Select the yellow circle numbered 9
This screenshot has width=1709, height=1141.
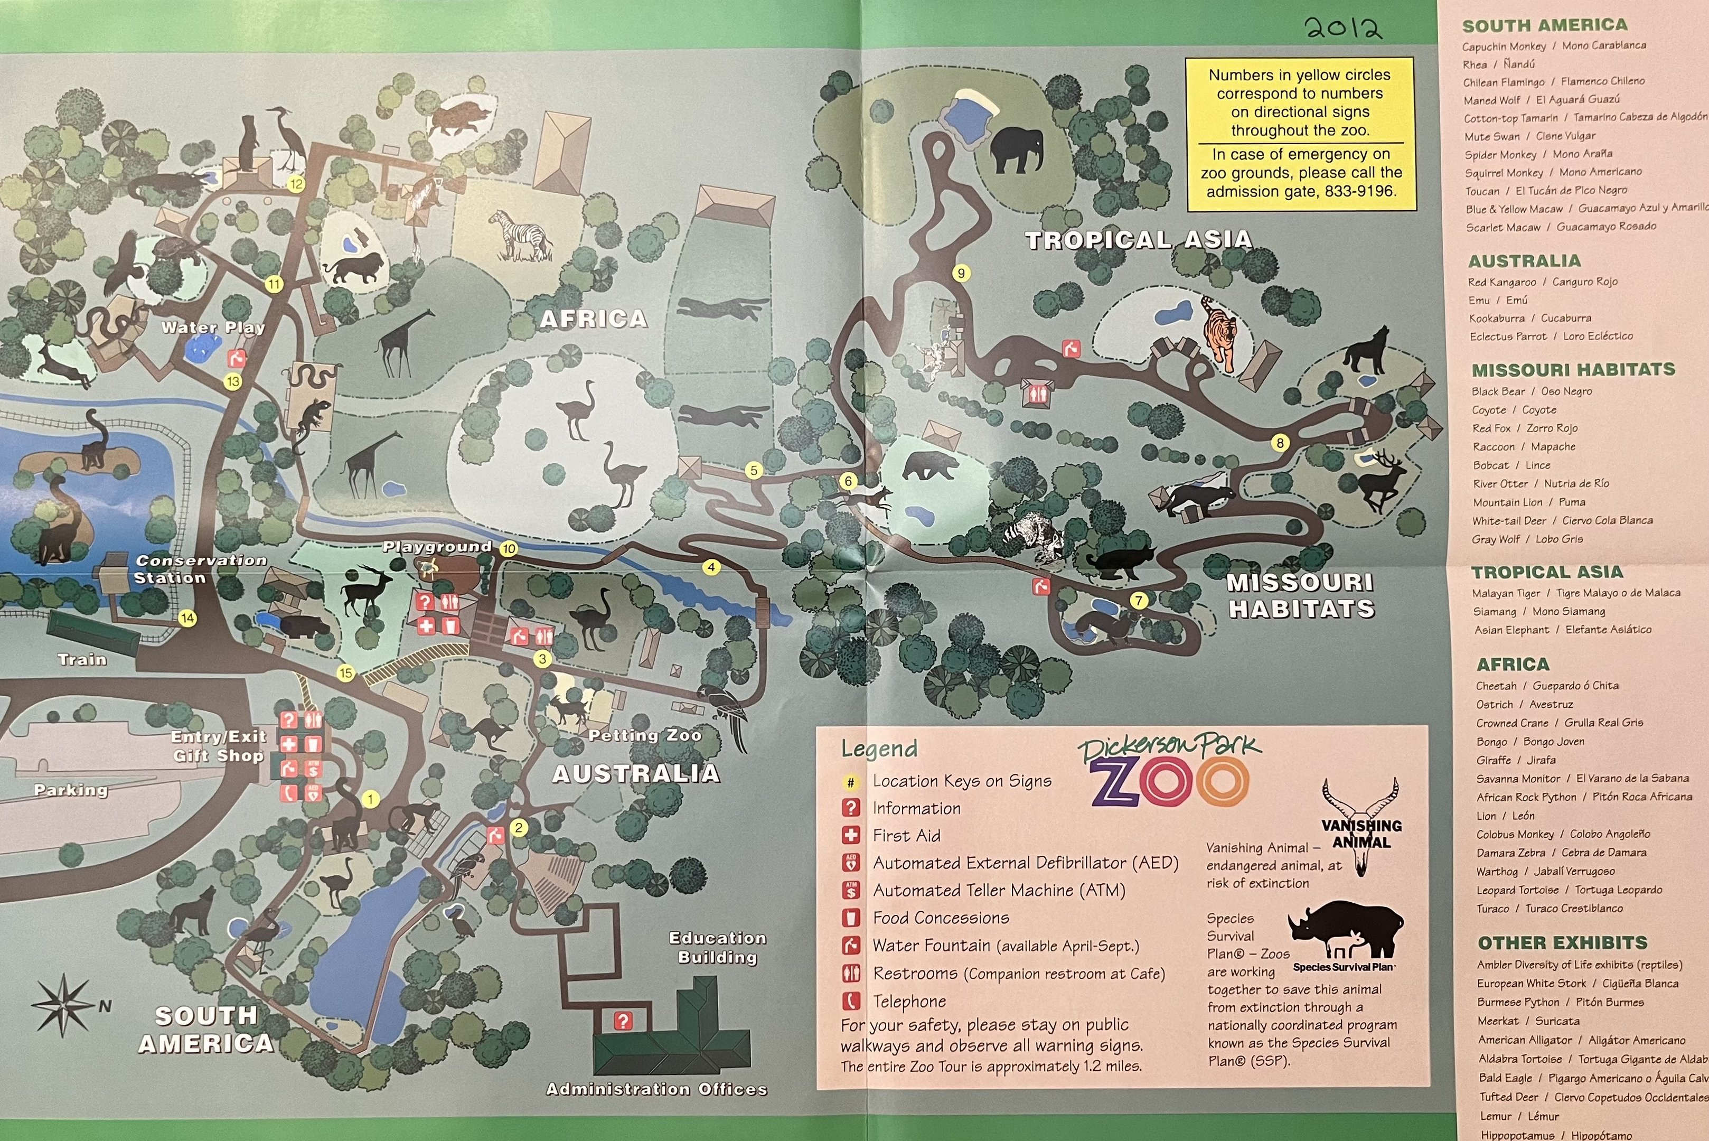[x=961, y=274]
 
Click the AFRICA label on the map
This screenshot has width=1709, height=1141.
[x=593, y=319]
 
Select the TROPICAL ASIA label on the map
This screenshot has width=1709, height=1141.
[x=1138, y=240]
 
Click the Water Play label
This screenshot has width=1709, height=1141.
[x=212, y=328]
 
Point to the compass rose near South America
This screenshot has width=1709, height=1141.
[x=63, y=1005]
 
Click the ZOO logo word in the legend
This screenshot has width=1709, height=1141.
[x=1169, y=781]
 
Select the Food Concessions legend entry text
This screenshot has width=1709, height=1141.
[x=941, y=918]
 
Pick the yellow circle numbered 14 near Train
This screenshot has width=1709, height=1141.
[x=187, y=619]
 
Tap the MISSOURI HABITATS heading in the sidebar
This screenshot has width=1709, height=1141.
[x=1573, y=370]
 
